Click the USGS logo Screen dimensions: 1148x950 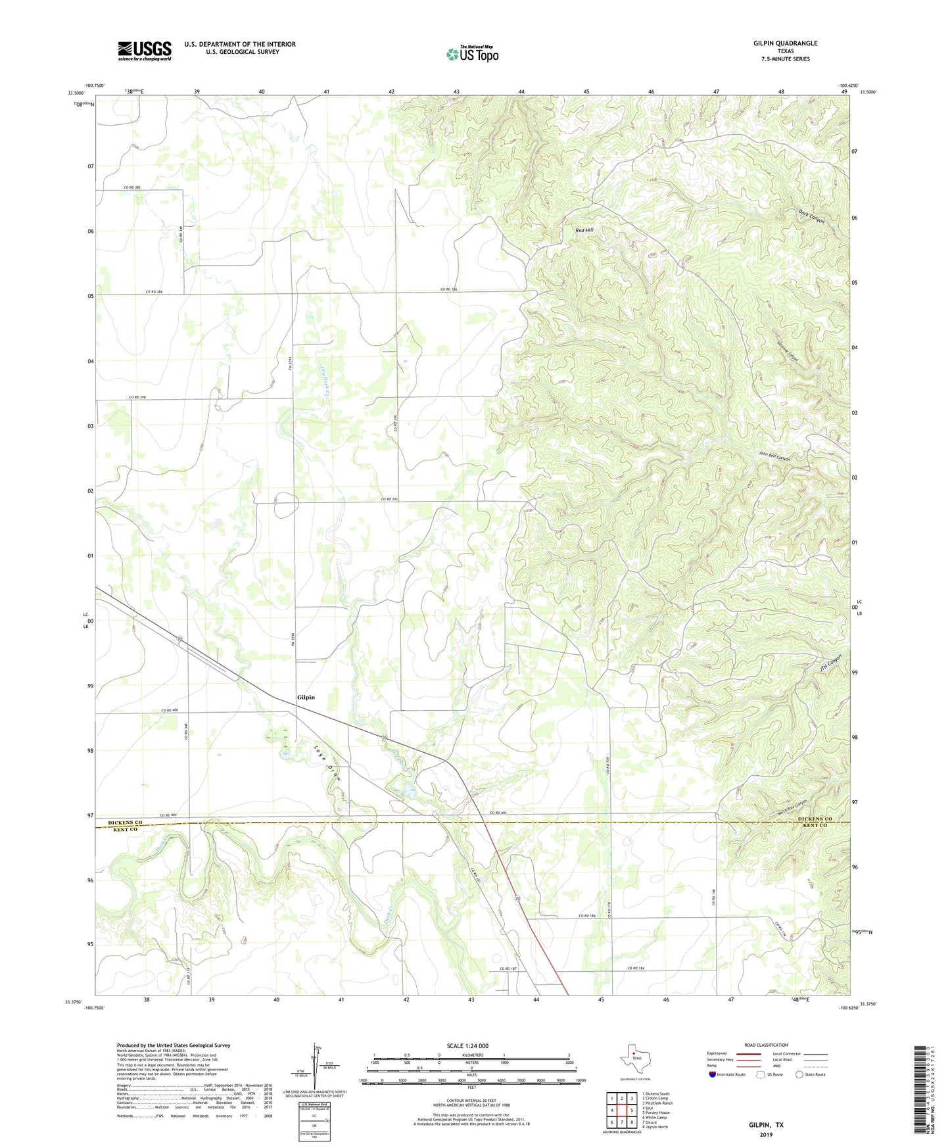tap(144, 51)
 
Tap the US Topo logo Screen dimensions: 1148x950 tap(472, 54)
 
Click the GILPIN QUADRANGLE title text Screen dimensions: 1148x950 tap(785, 43)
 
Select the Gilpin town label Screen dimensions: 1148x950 tap(306, 697)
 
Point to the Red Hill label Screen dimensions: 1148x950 tap(584, 230)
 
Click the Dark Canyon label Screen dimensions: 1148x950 tap(811, 216)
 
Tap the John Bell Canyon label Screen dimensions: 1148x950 tap(774, 456)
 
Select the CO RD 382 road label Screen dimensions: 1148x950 tap(133, 187)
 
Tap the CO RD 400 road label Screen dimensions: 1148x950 tap(170, 710)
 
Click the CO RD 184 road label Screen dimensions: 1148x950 tap(638, 968)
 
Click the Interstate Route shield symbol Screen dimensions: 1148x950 tap(713, 1074)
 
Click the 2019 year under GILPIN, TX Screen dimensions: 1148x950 tap(766, 1135)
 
